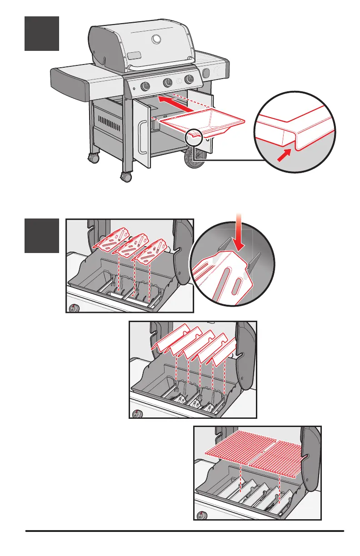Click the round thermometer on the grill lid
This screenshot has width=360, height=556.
coord(157,40)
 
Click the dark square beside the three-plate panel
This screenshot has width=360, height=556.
coord(41,235)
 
